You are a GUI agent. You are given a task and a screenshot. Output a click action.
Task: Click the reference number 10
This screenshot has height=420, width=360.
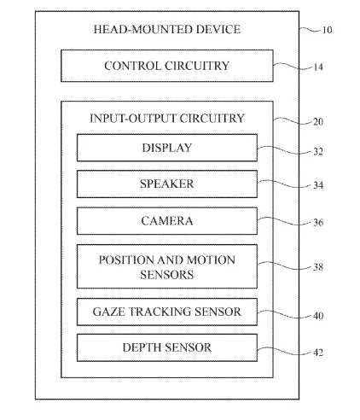tap(327, 30)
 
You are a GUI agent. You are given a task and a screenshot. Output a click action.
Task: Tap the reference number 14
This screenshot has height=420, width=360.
tap(318, 67)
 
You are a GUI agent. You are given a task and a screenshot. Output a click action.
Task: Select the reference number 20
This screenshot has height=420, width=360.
tap(318, 122)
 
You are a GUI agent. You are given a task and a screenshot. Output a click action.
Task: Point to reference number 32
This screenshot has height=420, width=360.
tap(318, 151)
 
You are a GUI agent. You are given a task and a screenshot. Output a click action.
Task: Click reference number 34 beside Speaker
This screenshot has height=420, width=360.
tap(318, 185)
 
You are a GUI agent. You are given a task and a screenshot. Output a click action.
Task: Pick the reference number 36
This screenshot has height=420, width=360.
tap(318, 222)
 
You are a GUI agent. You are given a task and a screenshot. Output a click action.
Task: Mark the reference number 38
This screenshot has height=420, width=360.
tap(318, 267)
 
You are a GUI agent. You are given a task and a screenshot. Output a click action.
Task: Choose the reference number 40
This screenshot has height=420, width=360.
tap(318, 316)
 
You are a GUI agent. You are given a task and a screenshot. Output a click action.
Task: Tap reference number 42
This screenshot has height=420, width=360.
tap(318, 353)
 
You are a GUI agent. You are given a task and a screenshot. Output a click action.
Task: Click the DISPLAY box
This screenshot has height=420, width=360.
tap(167, 148)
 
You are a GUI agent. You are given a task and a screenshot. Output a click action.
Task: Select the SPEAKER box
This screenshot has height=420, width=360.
tap(167, 184)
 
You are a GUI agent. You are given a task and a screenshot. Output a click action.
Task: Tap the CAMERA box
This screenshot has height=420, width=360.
tap(167, 221)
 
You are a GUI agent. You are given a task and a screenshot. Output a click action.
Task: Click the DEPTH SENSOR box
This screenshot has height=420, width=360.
tap(167, 347)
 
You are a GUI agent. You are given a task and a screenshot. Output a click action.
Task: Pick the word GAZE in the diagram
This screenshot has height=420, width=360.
tap(109, 312)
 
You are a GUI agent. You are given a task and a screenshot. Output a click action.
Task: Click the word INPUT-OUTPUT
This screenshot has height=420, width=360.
tap(133, 119)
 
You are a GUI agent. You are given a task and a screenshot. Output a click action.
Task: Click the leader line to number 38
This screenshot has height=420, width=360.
tap(284, 265)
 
